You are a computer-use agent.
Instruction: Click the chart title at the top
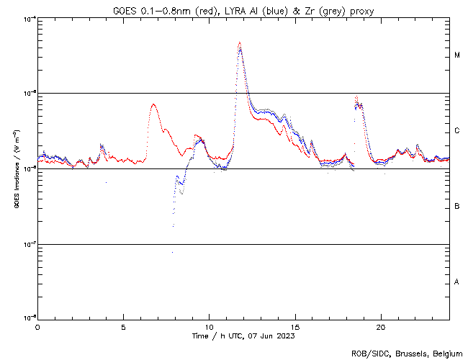(x=243, y=11)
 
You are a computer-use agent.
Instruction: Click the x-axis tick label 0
(x=37, y=326)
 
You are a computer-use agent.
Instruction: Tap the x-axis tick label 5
(x=123, y=326)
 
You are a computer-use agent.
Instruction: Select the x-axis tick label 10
(x=209, y=326)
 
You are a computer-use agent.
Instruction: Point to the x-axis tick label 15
(x=294, y=326)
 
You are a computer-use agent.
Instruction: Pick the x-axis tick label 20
(x=380, y=326)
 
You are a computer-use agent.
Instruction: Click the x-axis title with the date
(x=243, y=336)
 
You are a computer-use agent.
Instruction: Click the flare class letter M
(x=457, y=55)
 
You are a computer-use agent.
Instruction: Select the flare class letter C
(x=457, y=131)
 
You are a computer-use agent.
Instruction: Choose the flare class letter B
(x=457, y=207)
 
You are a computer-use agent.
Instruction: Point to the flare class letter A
(x=457, y=282)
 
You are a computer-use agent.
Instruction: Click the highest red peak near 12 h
(x=239, y=42)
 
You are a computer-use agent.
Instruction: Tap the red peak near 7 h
(x=153, y=104)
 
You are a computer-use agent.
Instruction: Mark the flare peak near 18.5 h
(x=356, y=96)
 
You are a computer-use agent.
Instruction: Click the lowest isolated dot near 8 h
(x=172, y=252)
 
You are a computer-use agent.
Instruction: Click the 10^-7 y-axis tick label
(x=27, y=244)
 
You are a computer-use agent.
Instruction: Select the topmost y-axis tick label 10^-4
(x=27, y=18)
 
